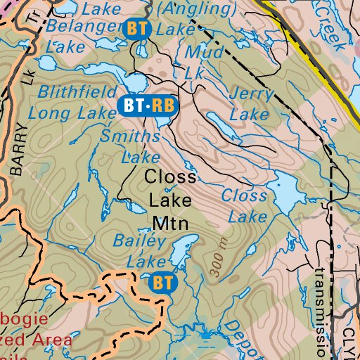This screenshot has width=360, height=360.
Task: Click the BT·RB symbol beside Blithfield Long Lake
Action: point(148,105)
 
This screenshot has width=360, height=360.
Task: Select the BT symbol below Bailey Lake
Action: point(162,283)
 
